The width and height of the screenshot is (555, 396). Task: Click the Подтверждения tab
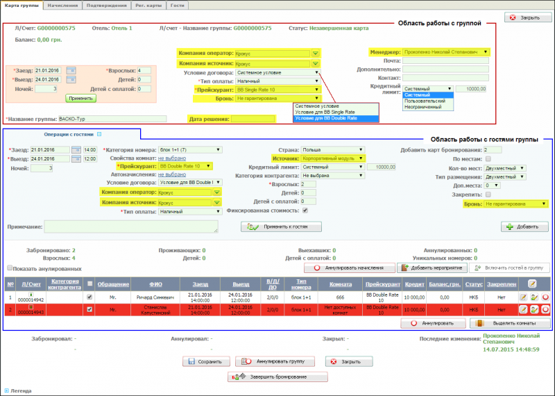tap(105, 5)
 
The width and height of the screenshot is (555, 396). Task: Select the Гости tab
tap(178, 5)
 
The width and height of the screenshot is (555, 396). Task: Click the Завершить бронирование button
tap(277, 377)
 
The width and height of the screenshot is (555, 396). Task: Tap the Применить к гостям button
tap(281, 227)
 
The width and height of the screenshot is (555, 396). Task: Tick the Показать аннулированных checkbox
tap(10, 268)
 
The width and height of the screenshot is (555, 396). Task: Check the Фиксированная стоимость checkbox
tap(306, 211)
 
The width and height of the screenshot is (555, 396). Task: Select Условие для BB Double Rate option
tap(326, 118)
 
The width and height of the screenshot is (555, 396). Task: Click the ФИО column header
tap(155, 283)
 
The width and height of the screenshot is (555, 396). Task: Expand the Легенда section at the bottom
tap(7, 390)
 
